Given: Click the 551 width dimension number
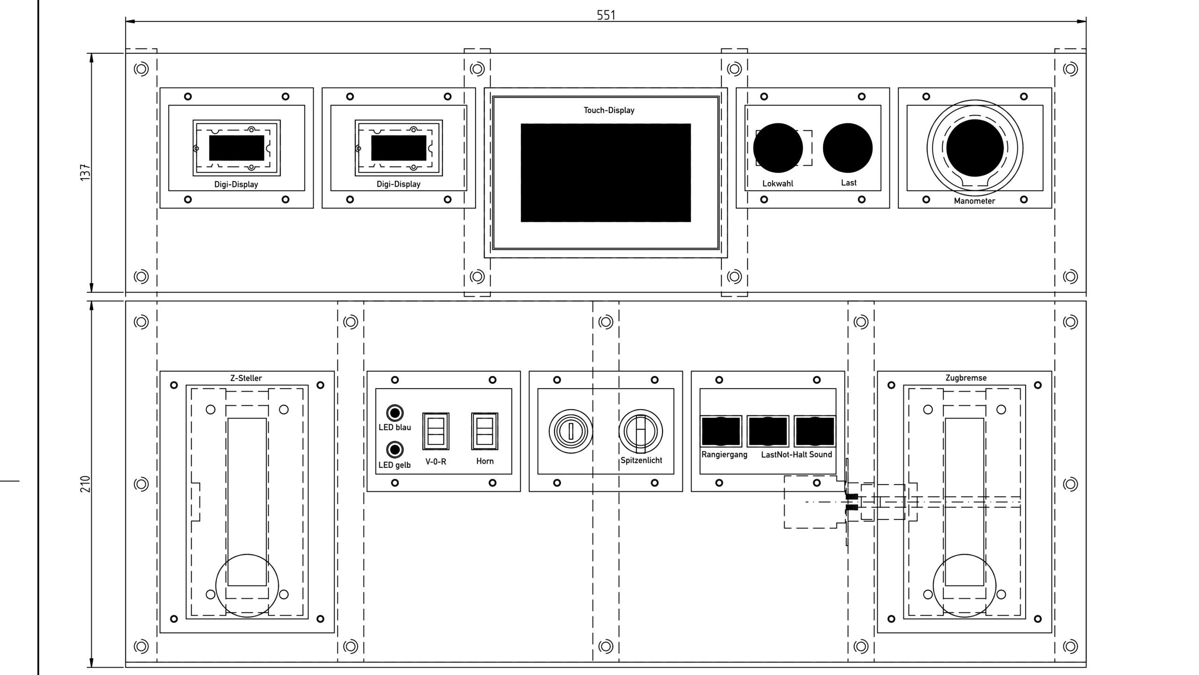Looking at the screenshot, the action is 606,15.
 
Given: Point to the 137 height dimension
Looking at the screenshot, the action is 85,172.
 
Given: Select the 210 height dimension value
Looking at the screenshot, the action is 85,484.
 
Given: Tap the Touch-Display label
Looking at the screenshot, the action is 609,110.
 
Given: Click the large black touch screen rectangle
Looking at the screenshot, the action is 606,172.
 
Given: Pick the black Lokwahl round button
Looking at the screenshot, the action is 778,148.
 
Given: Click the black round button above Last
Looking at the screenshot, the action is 848,148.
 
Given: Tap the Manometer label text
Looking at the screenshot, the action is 974,201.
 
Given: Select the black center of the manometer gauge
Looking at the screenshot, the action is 975,148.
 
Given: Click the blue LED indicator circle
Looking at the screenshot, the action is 395,413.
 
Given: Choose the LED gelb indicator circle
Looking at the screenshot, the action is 395,450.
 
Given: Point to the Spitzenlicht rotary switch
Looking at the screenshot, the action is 641,431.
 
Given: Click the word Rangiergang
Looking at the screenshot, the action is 725,455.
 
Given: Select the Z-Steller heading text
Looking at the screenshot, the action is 246,378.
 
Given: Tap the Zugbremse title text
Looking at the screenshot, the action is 966,378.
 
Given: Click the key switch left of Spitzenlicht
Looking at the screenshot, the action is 571,431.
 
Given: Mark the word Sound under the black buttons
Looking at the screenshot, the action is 821,454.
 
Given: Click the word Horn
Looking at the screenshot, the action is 485,461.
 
